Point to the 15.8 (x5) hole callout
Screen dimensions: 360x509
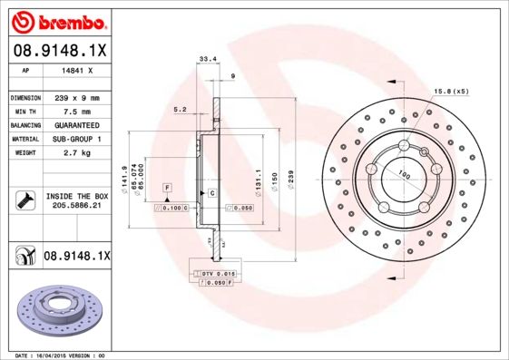point(452,92)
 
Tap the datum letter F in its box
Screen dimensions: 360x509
point(168,187)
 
